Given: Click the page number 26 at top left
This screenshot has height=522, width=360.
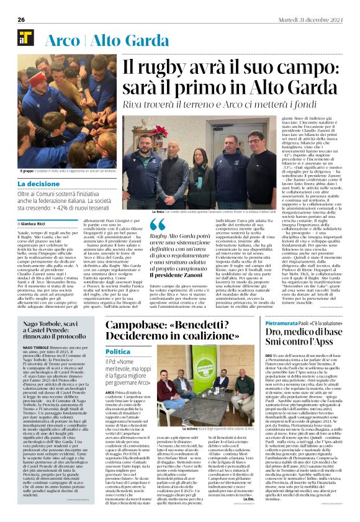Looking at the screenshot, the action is (21, 20).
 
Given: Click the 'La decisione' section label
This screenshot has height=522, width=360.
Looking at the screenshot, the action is (38, 184).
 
